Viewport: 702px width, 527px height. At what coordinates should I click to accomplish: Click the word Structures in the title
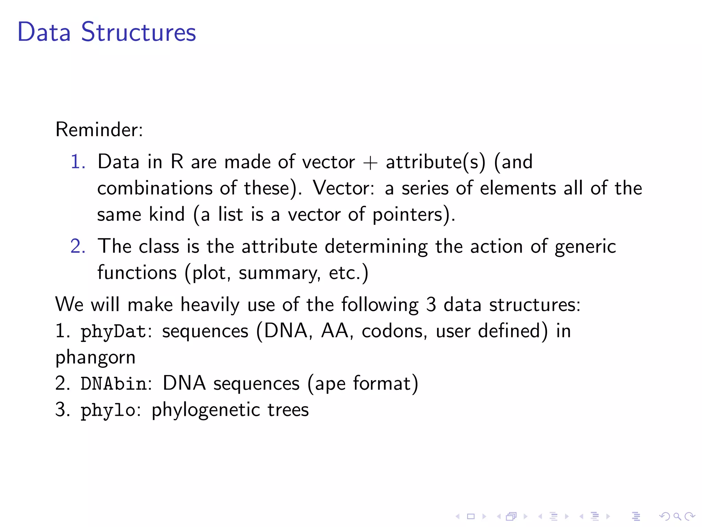point(138,32)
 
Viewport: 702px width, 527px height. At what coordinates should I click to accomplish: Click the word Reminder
point(99,130)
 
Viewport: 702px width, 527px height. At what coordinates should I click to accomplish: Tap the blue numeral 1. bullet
point(78,162)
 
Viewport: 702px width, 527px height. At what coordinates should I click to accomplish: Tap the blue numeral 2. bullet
point(78,246)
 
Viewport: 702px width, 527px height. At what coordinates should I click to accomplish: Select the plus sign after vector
point(370,163)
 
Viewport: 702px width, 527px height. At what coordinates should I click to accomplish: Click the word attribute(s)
point(436,162)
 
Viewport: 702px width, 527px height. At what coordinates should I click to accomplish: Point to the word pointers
point(410,215)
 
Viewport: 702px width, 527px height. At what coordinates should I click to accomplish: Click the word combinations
point(155,188)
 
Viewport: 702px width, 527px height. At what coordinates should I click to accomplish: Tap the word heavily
point(210,305)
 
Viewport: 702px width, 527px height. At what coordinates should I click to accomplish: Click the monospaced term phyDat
point(113,331)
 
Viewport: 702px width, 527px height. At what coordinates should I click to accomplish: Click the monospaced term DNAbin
point(114,384)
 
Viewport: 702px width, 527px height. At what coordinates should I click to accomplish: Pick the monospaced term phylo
point(108,410)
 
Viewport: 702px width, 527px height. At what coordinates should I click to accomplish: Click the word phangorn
point(95,358)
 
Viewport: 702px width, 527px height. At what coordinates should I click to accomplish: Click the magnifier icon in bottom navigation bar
point(677,516)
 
